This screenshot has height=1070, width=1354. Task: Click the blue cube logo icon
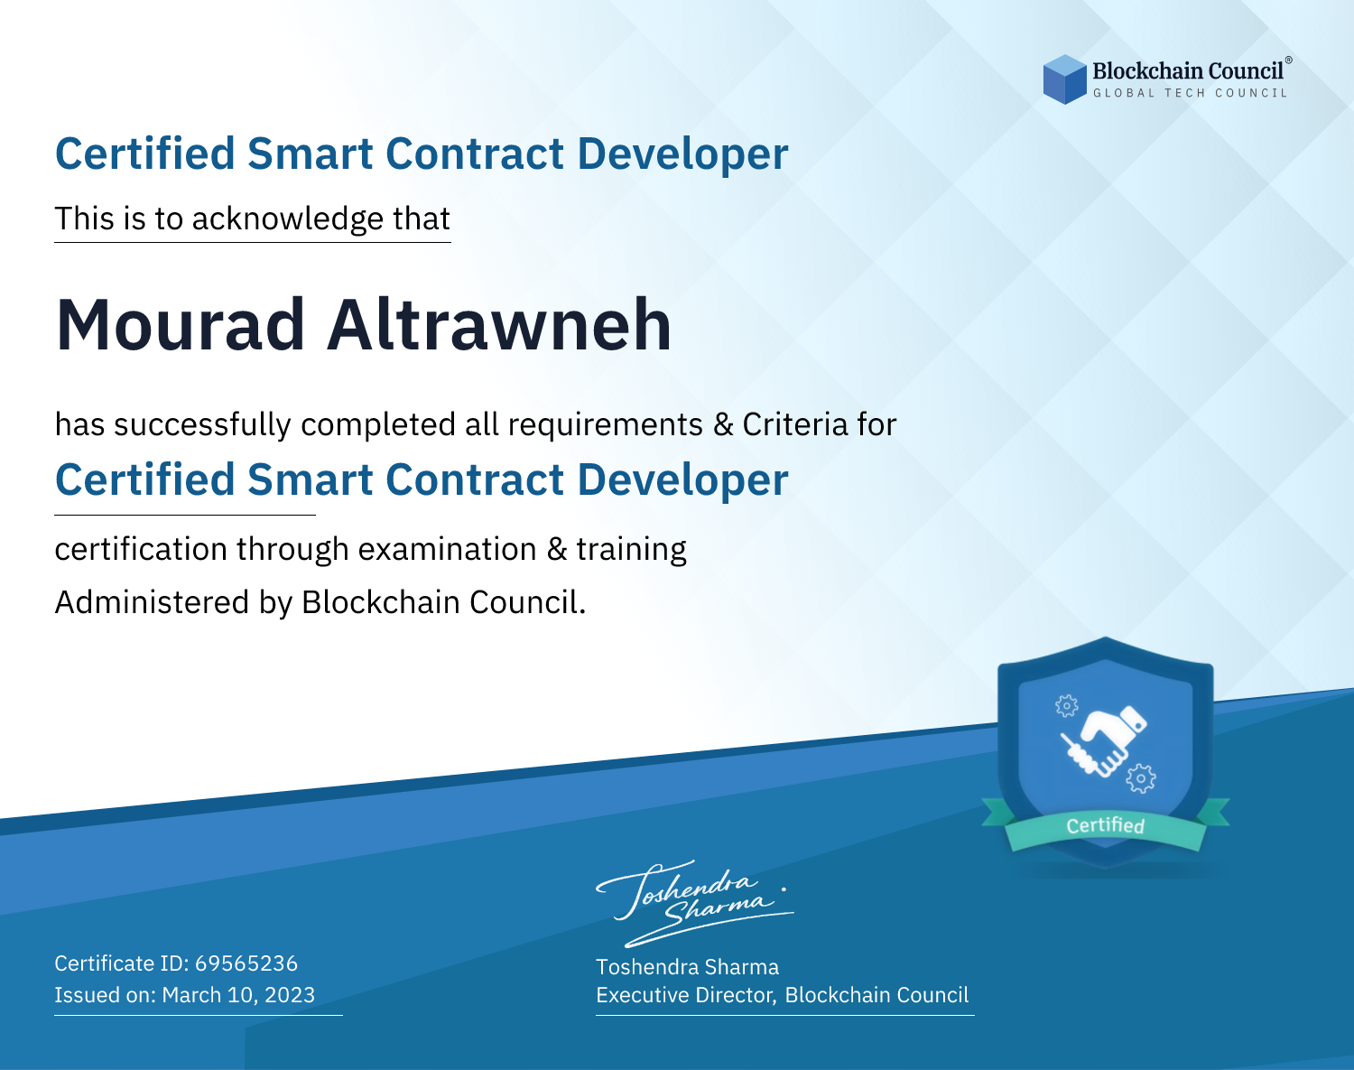[1064, 79]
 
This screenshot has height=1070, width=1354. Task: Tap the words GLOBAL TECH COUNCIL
[1190, 93]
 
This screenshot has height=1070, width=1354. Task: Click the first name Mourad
[181, 325]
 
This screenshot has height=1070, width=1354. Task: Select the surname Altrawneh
[499, 325]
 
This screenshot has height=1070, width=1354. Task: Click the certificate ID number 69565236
[246, 963]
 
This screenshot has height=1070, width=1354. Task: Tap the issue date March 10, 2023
[238, 995]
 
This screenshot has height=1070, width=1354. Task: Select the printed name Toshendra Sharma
[687, 967]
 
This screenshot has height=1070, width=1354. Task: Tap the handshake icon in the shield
[1104, 742]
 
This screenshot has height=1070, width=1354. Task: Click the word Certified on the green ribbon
[1105, 825]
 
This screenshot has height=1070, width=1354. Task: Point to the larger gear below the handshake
[1141, 778]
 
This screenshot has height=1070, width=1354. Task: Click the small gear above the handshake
[1066, 705]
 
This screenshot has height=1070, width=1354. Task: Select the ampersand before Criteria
[723, 425]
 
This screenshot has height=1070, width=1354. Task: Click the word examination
[448, 550]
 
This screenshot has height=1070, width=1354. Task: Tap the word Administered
[152, 602]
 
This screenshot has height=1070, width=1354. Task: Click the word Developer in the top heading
[682, 155]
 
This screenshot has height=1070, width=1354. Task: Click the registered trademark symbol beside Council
[1288, 60]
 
